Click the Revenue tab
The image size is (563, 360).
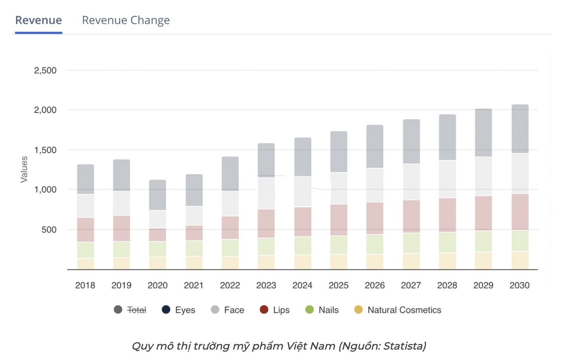point(38,20)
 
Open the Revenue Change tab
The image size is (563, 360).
point(126,20)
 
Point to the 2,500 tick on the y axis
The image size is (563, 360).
point(45,71)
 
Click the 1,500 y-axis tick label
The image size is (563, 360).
point(45,150)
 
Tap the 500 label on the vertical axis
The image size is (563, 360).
point(49,230)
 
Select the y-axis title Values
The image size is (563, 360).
point(24,169)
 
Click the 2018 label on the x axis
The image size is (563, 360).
point(85,285)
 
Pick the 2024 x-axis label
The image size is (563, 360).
point(302,285)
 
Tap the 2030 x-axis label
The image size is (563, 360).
point(520,285)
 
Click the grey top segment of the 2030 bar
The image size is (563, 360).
point(520,129)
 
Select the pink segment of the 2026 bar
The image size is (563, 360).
point(375,218)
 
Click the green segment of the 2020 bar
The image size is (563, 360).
point(157,249)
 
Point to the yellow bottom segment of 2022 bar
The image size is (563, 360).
point(230,263)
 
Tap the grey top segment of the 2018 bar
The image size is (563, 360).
point(85,179)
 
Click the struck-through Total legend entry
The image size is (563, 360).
point(136,310)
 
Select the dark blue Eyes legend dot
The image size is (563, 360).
point(166,310)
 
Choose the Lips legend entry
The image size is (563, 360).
point(281,310)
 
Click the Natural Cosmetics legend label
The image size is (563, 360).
point(404,310)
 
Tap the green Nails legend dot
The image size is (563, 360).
point(309,310)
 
